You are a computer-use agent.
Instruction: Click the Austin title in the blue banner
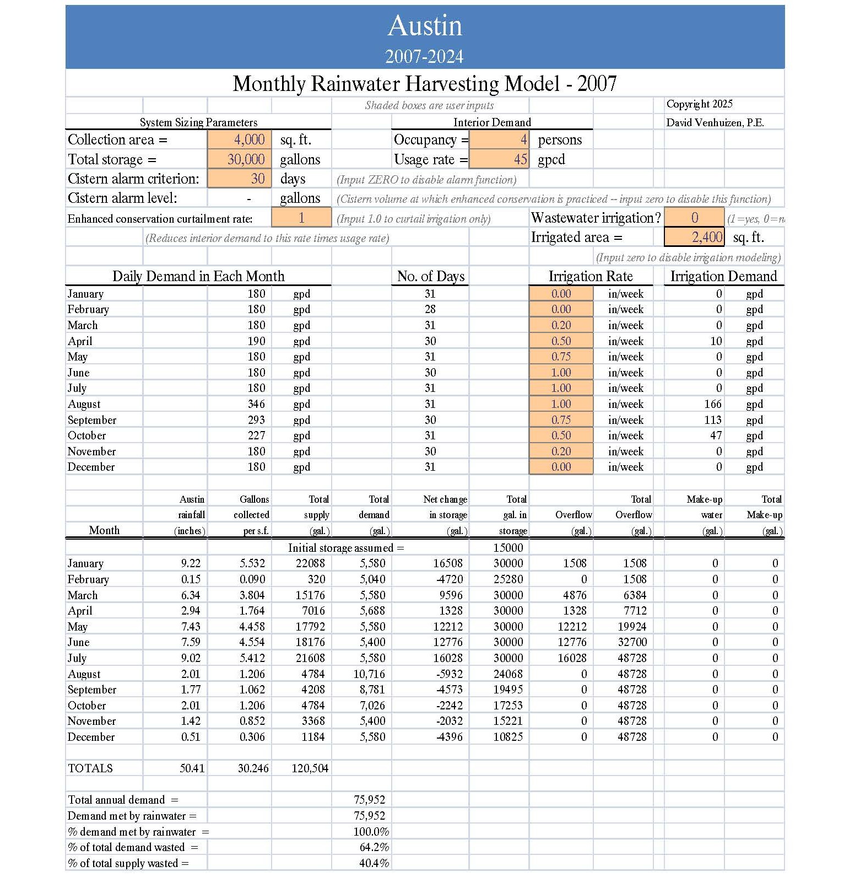(425, 26)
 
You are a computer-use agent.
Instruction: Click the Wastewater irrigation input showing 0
(694, 218)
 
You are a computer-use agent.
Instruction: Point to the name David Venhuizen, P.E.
(715, 123)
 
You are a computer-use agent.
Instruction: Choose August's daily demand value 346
(256, 404)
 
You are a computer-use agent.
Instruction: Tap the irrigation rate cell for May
(561, 357)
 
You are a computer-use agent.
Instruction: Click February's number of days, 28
(430, 309)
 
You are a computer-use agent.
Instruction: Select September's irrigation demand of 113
(713, 420)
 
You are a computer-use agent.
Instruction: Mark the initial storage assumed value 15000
(507, 548)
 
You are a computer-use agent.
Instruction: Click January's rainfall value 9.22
(191, 563)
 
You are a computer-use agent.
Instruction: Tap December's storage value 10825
(507, 737)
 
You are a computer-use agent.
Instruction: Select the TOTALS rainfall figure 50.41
(192, 768)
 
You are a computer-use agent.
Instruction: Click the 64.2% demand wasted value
(374, 847)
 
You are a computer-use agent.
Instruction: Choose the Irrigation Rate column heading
(590, 276)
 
